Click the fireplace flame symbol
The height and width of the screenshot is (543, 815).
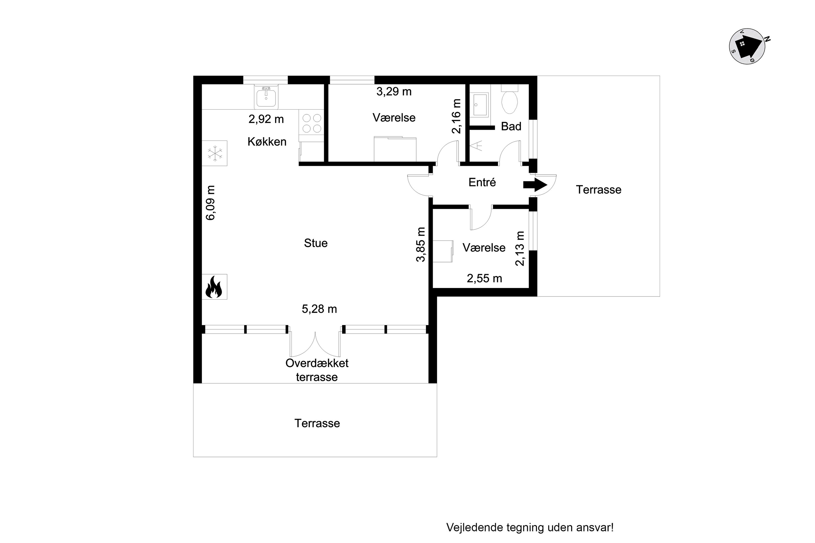pyautogui.click(x=214, y=287)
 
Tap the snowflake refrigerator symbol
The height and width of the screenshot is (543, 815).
pyautogui.click(x=215, y=153)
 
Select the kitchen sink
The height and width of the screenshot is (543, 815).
pyautogui.click(x=266, y=97)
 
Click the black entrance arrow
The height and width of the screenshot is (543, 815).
pyautogui.click(x=535, y=185)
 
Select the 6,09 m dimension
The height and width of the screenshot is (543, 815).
pyautogui.click(x=210, y=203)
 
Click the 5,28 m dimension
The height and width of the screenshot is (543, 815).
pyautogui.click(x=319, y=309)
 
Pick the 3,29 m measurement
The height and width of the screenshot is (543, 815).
pyautogui.click(x=394, y=91)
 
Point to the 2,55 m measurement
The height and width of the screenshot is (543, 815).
pyautogui.click(x=484, y=279)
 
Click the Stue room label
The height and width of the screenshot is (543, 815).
pyautogui.click(x=316, y=243)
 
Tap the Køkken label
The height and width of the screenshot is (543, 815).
pyautogui.click(x=267, y=142)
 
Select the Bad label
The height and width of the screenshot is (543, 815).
pyautogui.click(x=511, y=127)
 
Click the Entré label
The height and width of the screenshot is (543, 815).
pyautogui.click(x=482, y=182)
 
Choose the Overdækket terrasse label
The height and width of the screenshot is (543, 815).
pyautogui.click(x=317, y=370)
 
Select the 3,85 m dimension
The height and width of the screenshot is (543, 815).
pyautogui.click(x=420, y=245)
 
